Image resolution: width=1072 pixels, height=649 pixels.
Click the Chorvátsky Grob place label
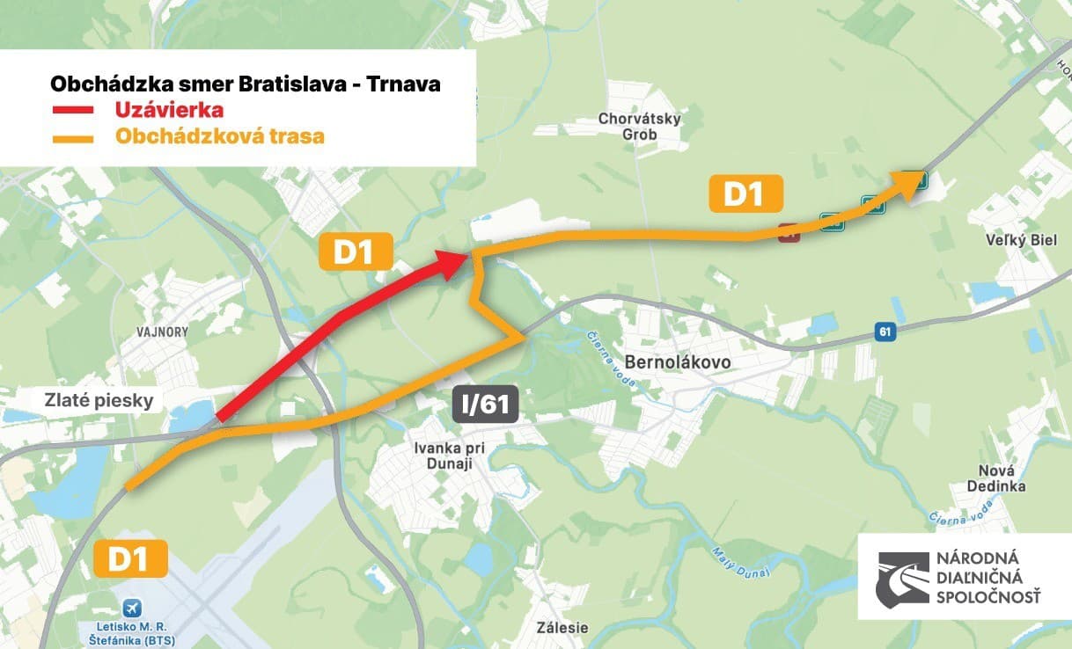pos(639,127)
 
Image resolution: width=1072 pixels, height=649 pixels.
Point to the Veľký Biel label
pos(1023,239)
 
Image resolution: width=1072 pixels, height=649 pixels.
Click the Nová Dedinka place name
pos(995,478)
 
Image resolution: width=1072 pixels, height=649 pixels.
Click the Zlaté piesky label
pos(99,401)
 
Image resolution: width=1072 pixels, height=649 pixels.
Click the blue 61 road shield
pos(885,332)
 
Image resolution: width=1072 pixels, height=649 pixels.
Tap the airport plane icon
pos(133,608)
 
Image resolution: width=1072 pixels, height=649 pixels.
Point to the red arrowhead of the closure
pos(451,263)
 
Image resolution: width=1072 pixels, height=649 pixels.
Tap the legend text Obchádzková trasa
pos(219,137)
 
